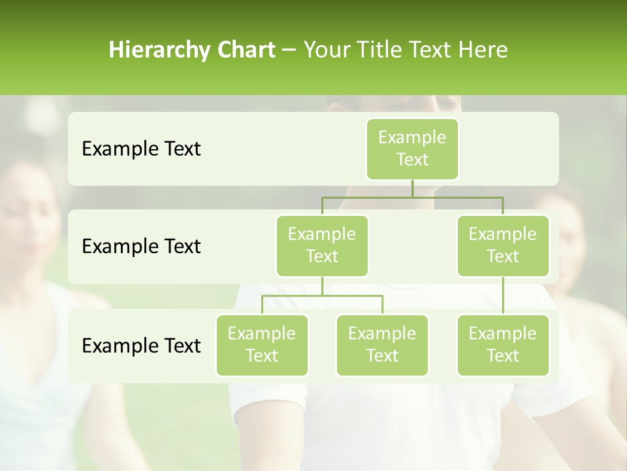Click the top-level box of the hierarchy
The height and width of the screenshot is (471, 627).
coord(412,148)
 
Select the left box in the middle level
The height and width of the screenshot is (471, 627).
coord(322,245)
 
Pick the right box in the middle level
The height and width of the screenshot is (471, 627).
coord(503,245)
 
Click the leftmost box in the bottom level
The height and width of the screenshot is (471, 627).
coord(262,345)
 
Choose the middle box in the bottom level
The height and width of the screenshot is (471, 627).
coord(382,345)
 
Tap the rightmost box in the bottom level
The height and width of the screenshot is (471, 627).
coord(503,345)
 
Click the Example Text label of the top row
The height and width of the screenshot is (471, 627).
coord(141,149)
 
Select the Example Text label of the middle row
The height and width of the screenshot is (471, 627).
coord(141,247)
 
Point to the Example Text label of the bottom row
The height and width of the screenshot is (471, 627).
coord(141,346)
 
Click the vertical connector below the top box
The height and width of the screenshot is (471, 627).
coord(412,188)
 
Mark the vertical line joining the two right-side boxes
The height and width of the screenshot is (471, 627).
coord(503,296)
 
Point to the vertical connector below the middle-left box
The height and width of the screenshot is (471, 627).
coord(322,286)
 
